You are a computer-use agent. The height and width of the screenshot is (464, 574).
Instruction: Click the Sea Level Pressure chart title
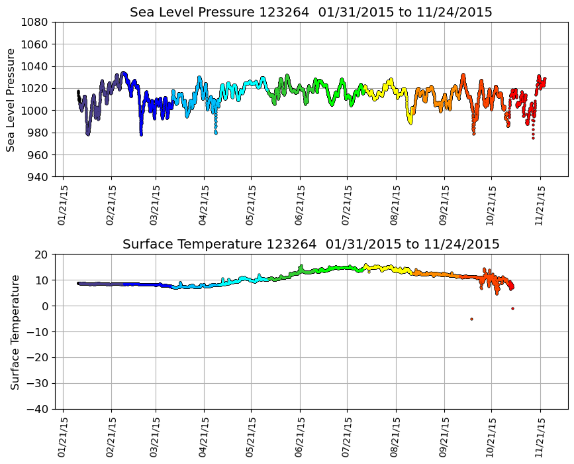(311, 13)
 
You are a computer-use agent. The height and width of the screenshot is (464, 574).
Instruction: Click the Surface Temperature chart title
(311, 245)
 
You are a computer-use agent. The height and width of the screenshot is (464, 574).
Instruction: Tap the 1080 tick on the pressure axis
(33, 22)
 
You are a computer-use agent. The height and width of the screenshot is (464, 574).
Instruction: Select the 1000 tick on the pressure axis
(33, 111)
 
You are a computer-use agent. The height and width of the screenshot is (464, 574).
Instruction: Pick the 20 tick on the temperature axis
(42, 255)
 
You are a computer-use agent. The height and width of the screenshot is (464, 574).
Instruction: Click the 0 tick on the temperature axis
(45, 306)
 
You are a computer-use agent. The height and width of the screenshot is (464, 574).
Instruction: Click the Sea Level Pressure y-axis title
(11, 99)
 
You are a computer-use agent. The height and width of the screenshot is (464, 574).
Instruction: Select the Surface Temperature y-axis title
(15, 331)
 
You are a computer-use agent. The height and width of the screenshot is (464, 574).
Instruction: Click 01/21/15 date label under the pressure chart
(62, 204)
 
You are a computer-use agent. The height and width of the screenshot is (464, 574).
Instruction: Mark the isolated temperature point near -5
(471, 319)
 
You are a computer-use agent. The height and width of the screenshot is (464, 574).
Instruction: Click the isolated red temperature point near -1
(512, 308)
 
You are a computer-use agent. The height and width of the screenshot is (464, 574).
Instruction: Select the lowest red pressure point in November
(533, 138)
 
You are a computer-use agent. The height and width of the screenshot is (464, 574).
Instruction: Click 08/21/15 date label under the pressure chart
(395, 204)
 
